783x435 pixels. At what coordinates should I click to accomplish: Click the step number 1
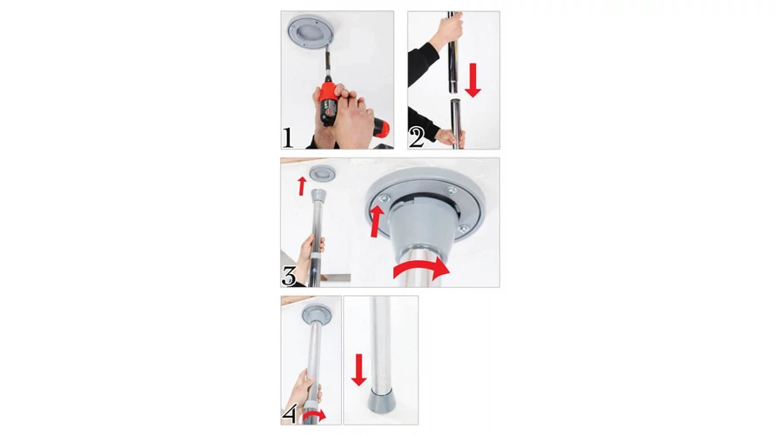pos(288,137)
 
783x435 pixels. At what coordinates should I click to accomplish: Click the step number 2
pos(417,137)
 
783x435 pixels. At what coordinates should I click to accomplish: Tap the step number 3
pos(289,276)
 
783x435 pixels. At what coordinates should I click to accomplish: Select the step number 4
pos(290,413)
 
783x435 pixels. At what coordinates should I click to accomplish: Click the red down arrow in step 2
pos(472,80)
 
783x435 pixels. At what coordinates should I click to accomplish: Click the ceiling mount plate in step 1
pos(310,31)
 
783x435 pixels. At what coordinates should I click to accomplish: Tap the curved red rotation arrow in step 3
pos(422,268)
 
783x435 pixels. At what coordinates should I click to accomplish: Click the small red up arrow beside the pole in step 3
pos(301,186)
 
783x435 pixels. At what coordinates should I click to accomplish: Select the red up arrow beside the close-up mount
pos(377,221)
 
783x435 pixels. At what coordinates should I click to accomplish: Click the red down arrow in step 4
pos(358,370)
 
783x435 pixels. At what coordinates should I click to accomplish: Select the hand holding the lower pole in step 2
pos(451,137)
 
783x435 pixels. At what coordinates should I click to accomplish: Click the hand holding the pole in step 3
pos(311,256)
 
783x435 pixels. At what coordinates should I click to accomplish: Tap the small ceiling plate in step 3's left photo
pos(322,174)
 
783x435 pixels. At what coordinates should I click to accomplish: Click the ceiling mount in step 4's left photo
pos(316,314)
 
